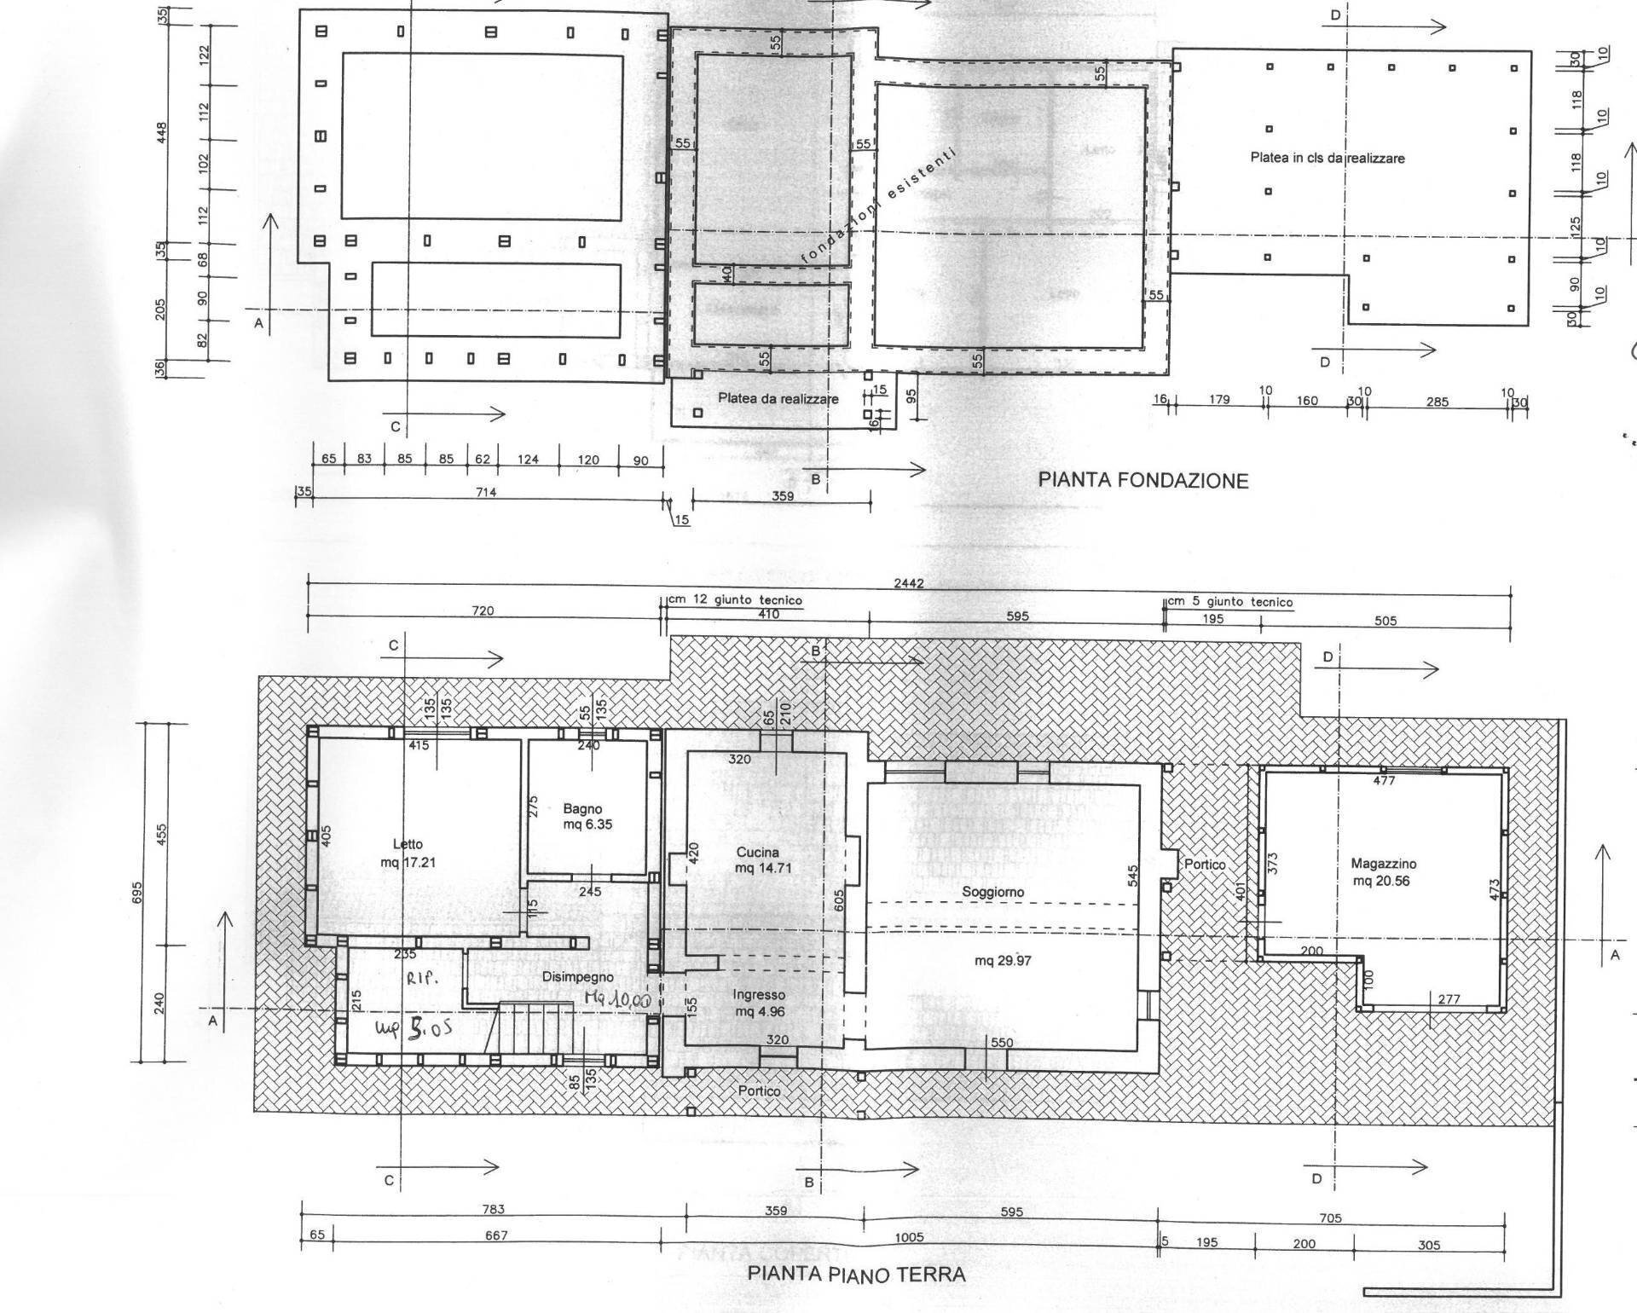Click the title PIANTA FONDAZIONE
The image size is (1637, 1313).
(1142, 480)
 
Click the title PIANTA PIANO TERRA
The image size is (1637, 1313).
(856, 1275)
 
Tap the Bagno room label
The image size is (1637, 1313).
(582, 809)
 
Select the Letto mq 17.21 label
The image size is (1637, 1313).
(408, 853)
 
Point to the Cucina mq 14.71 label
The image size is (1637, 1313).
(757, 860)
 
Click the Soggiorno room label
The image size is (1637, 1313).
(992, 893)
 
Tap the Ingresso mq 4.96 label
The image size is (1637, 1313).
(758, 1004)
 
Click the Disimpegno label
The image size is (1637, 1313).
(577, 977)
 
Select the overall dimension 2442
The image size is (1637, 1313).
(908, 584)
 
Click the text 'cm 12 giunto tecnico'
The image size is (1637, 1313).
(734, 600)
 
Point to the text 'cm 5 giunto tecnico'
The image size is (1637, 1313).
(1229, 602)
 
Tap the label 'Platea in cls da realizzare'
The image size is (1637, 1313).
(1327, 158)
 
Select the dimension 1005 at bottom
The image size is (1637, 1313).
(909, 1237)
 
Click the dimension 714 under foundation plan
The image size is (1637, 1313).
(485, 492)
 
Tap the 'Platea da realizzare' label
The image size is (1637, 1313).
(778, 398)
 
